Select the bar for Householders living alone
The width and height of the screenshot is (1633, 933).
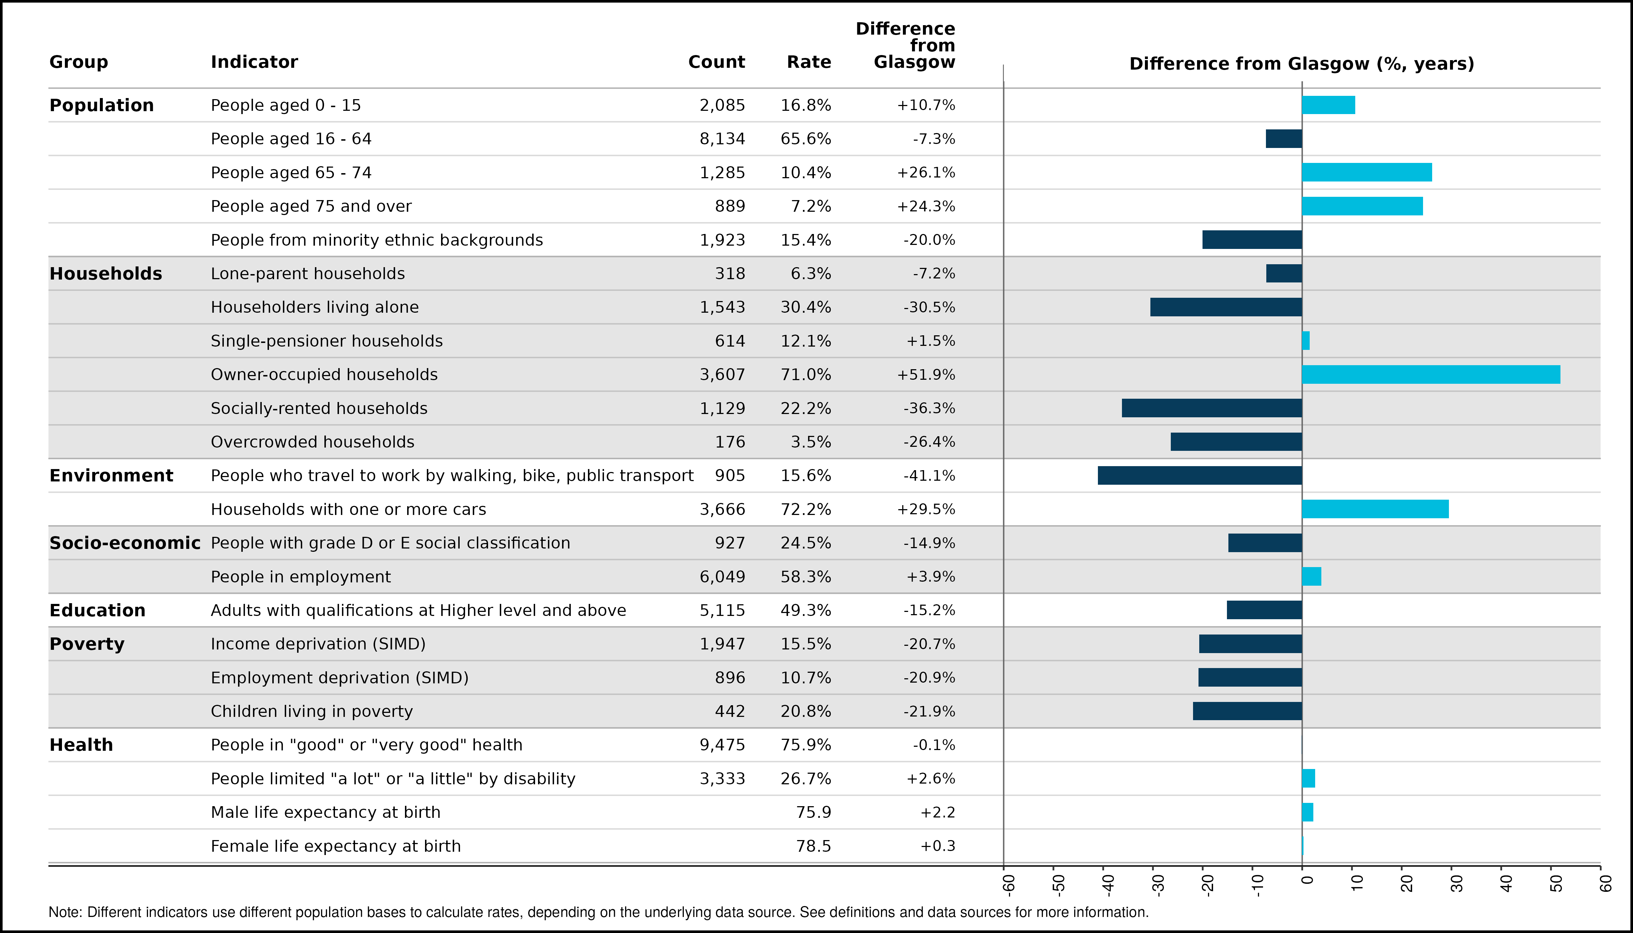[x=1226, y=307]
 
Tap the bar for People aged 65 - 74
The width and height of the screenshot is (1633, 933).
[x=1367, y=172]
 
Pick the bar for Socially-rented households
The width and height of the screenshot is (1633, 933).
[x=1212, y=408]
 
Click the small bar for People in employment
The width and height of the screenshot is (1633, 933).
[x=1312, y=577]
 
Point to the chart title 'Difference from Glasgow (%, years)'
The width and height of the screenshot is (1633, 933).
[x=1302, y=64]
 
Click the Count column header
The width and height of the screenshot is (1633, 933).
[x=717, y=62]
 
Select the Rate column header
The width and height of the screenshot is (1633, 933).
[x=809, y=62]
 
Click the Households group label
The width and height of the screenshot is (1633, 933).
[x=106, y=274]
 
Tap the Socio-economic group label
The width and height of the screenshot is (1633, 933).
[x=125, y=543]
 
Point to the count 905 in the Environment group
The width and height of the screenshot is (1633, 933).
[x=730, y=476]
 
